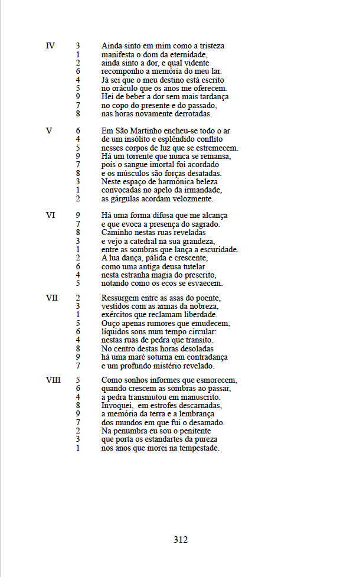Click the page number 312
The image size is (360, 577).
pyautogui.click(x=181, y=539)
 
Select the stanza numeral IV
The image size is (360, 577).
pyautogui.click(x=50, y=45)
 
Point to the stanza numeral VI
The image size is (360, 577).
pyautogui.click(x=50, y=216)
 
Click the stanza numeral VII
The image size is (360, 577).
pyautogui.click(x=51, y=298)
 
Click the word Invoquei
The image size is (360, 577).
pyautogui.click(x=117, y=406)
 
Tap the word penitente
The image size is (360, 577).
pyautogui.click(x=188, y=431)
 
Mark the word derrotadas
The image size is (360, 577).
pyautogui.click(x=189, y=113)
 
